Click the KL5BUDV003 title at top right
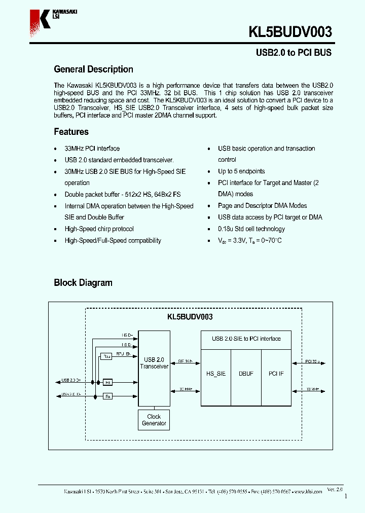290,32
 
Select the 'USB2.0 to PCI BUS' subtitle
293,53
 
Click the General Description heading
93,69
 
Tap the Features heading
71,132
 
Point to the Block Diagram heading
83,283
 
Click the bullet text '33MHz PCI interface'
92,149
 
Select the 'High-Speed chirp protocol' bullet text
99,229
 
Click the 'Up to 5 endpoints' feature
241,171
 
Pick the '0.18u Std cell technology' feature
251,229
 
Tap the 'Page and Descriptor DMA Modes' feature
262,206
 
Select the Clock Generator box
154,420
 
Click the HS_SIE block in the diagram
216,374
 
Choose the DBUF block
246,374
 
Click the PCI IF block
276,374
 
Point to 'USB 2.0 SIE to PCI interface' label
246,339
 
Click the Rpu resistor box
106,356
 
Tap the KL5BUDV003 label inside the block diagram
190,317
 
